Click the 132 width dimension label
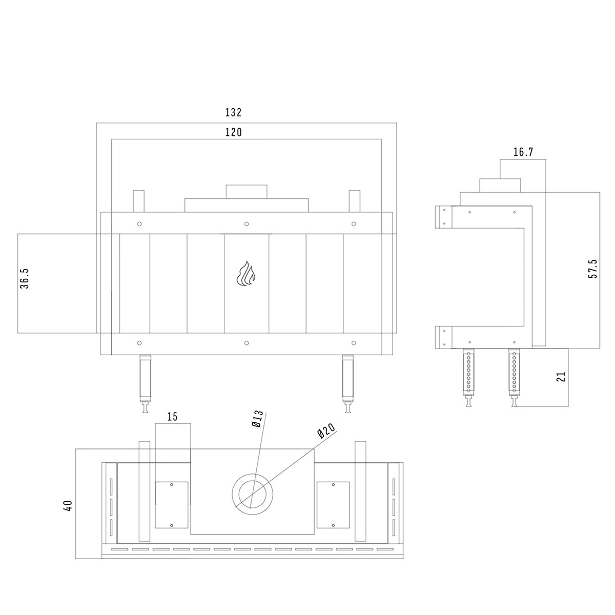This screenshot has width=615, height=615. [x=233, y=113]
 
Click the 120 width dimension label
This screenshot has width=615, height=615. [x=233, y=132]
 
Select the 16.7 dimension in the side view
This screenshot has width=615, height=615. [x=523, y=152]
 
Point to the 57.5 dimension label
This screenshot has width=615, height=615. [x=592, y=269]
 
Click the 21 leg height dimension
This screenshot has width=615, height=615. [x=561, y=376]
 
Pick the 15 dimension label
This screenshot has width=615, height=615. [x=172, y=417]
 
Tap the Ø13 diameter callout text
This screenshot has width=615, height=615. [x=257, y=419]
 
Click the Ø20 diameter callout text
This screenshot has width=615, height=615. [x=326, y=431]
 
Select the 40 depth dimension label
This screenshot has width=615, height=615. [x=68, y=506]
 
